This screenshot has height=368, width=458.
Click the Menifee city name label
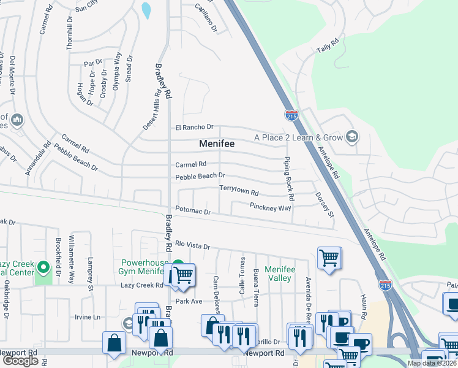tap(217, 144)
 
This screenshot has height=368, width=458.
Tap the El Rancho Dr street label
tap(194, 128)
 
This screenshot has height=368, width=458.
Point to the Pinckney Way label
tap(270, 208)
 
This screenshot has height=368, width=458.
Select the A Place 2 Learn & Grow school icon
tap(352, 136)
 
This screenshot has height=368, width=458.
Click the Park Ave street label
tap(189, 301)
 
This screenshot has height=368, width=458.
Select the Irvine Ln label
tap(87, 316)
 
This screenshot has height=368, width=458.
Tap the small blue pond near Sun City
tap(146, 10)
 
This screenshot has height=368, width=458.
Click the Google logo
tap(20, 361)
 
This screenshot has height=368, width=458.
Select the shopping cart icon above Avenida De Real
tap(329, 258)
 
